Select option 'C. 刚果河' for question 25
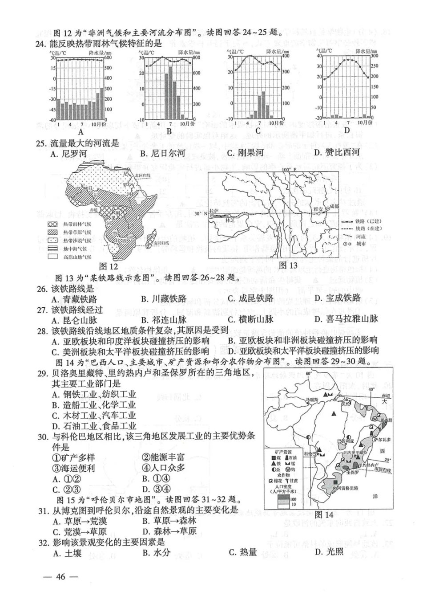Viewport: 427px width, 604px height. pyautogui.click(x=245, y=153)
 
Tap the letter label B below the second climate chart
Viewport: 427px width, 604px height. pyautogui.click(x=169, y=131)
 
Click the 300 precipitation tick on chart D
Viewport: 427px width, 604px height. pyautogui.click(x=375, y=56)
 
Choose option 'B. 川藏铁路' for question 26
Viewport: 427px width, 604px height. pyautogui.click(x=164, y=298)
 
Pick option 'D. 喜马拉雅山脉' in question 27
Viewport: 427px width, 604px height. pyautogui.click(x=346, y=319)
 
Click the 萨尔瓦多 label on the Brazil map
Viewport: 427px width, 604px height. pyautogui.click(x=372, y=439)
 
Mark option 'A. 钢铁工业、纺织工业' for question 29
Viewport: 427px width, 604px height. pyautogui.click(x=93, y=394)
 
